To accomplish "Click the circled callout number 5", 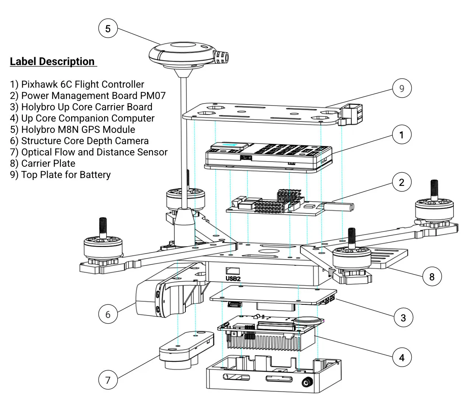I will (108, 29).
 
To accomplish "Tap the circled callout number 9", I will (401, 88).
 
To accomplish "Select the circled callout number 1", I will (401, 135).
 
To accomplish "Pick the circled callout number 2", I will (401, 182).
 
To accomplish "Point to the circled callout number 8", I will (432, 277).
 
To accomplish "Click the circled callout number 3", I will (403, 318).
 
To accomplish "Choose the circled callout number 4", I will (402, 357).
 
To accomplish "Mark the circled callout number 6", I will (108, 314).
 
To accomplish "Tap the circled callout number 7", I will (108, 380).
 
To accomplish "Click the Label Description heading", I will (52, 61).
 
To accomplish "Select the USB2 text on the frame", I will (233, 279).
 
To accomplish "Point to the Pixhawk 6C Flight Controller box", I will (268, 156).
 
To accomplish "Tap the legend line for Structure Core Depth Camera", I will (80, 141).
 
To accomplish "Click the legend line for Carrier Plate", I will (43, 163).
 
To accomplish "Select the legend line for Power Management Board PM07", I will (88, 96).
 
